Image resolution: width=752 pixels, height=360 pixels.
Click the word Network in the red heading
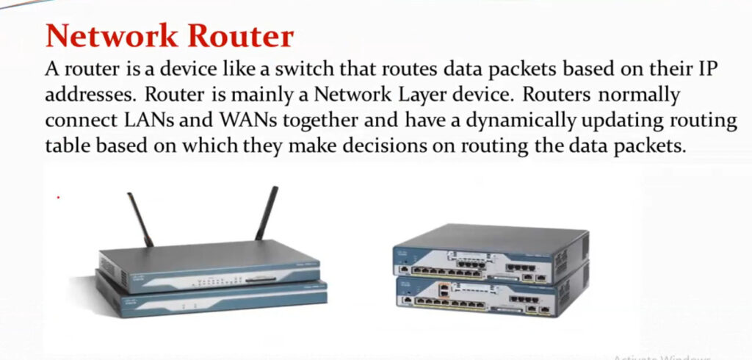click(112, 35)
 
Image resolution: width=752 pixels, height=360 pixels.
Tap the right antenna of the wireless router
click(267, 213)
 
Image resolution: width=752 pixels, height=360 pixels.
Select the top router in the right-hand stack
click(491, 253)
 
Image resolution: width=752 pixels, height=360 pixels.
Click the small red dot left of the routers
click(58, 198)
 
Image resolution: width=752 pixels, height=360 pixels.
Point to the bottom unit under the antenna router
click(211, 299)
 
